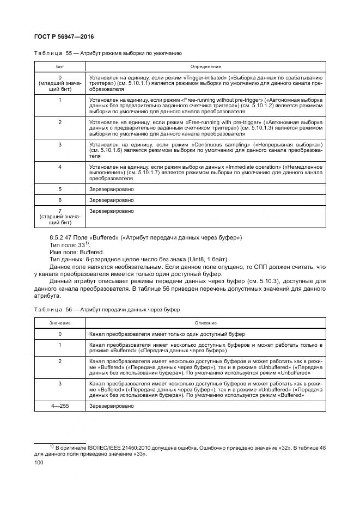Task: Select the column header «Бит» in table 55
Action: [60, 65]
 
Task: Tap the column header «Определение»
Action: [205, 65]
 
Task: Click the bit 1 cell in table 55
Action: [60, 100]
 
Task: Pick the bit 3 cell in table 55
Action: [60, 144]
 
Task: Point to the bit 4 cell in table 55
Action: [60, 167]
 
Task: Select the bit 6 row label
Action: [60, 200]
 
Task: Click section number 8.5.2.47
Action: [62, 238]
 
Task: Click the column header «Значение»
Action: [60, 323]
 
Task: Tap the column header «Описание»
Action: [205, 323]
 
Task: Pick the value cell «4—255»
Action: [60, 406]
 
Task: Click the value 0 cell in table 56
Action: [60, 334]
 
